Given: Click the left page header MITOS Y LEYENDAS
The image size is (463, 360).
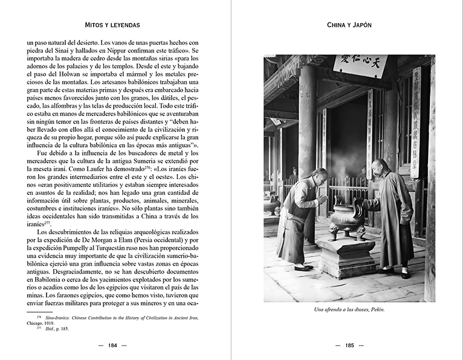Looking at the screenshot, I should pos(113,25).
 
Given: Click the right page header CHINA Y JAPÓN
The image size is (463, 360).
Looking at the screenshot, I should pos(349,25).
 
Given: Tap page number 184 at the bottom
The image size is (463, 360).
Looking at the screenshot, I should pos(112,345).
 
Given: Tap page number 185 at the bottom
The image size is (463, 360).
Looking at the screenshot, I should pos(349,345).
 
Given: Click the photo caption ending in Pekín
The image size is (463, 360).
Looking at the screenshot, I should pos(349,310).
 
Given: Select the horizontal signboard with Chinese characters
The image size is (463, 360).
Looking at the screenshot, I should pos(360,64).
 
